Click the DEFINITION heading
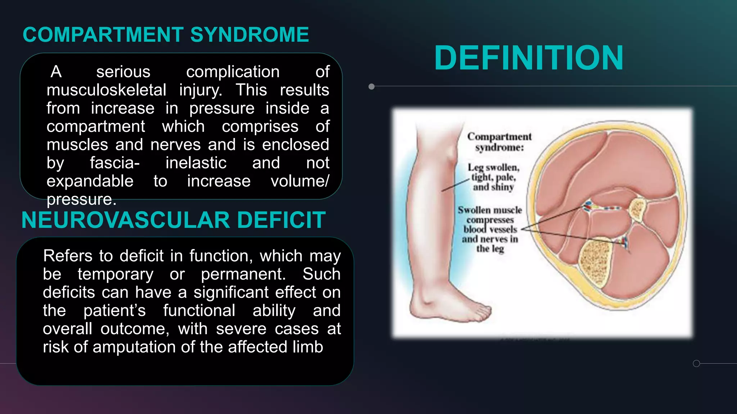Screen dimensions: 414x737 coord(529,58)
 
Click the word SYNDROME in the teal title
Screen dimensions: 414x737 coord(249,35)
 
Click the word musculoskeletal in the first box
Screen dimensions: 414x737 coord(106,90)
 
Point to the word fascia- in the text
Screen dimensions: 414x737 coord(114,163)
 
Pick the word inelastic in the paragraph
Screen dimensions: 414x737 coord(196,163)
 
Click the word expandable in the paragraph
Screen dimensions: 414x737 coord(90,181)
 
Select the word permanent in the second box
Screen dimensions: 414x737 coord(243,274)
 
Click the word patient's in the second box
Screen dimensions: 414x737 coord(114,310)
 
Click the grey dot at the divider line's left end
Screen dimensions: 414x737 coord(372,87)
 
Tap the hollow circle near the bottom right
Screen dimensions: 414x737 coord(696,363)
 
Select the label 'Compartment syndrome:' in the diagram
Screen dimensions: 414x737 coord(499,142)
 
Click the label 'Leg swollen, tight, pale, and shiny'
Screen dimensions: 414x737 coord(493,177)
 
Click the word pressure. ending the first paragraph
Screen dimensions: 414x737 coord(81,199)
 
